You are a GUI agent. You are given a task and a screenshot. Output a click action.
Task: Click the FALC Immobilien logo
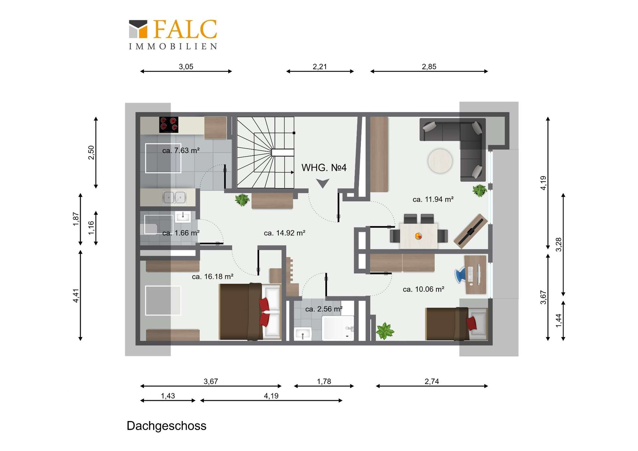click(173, 35)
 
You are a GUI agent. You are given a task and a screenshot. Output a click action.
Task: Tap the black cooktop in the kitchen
click(169, 125)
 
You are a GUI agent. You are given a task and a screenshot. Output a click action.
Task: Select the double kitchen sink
click(174, 197)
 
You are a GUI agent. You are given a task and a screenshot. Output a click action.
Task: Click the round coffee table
click(440, 161)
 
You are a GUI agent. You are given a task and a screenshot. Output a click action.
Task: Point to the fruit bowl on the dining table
click(418, 236)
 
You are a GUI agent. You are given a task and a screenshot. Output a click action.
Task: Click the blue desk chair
click(461, 275)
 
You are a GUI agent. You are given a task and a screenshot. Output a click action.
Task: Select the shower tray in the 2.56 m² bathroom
click(338, 328)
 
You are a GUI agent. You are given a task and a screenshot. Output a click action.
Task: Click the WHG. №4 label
click(324, 168)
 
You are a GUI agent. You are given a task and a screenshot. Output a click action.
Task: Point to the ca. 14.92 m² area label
click(284, 233)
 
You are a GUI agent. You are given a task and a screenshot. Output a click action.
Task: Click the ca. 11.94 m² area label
click(433, 199)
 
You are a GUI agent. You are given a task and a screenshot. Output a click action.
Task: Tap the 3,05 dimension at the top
click(186, 66)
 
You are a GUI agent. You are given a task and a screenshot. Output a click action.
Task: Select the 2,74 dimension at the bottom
click(432, 381)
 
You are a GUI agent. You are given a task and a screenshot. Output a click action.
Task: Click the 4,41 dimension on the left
click(76, 295)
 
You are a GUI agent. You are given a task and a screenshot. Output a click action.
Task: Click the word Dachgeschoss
click(166, 426)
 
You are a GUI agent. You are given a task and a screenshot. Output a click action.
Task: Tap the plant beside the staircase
click(242, 200)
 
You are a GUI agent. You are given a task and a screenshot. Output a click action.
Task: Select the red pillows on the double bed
click(265, 312)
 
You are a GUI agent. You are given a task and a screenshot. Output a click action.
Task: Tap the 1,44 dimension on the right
click(559, 320)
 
